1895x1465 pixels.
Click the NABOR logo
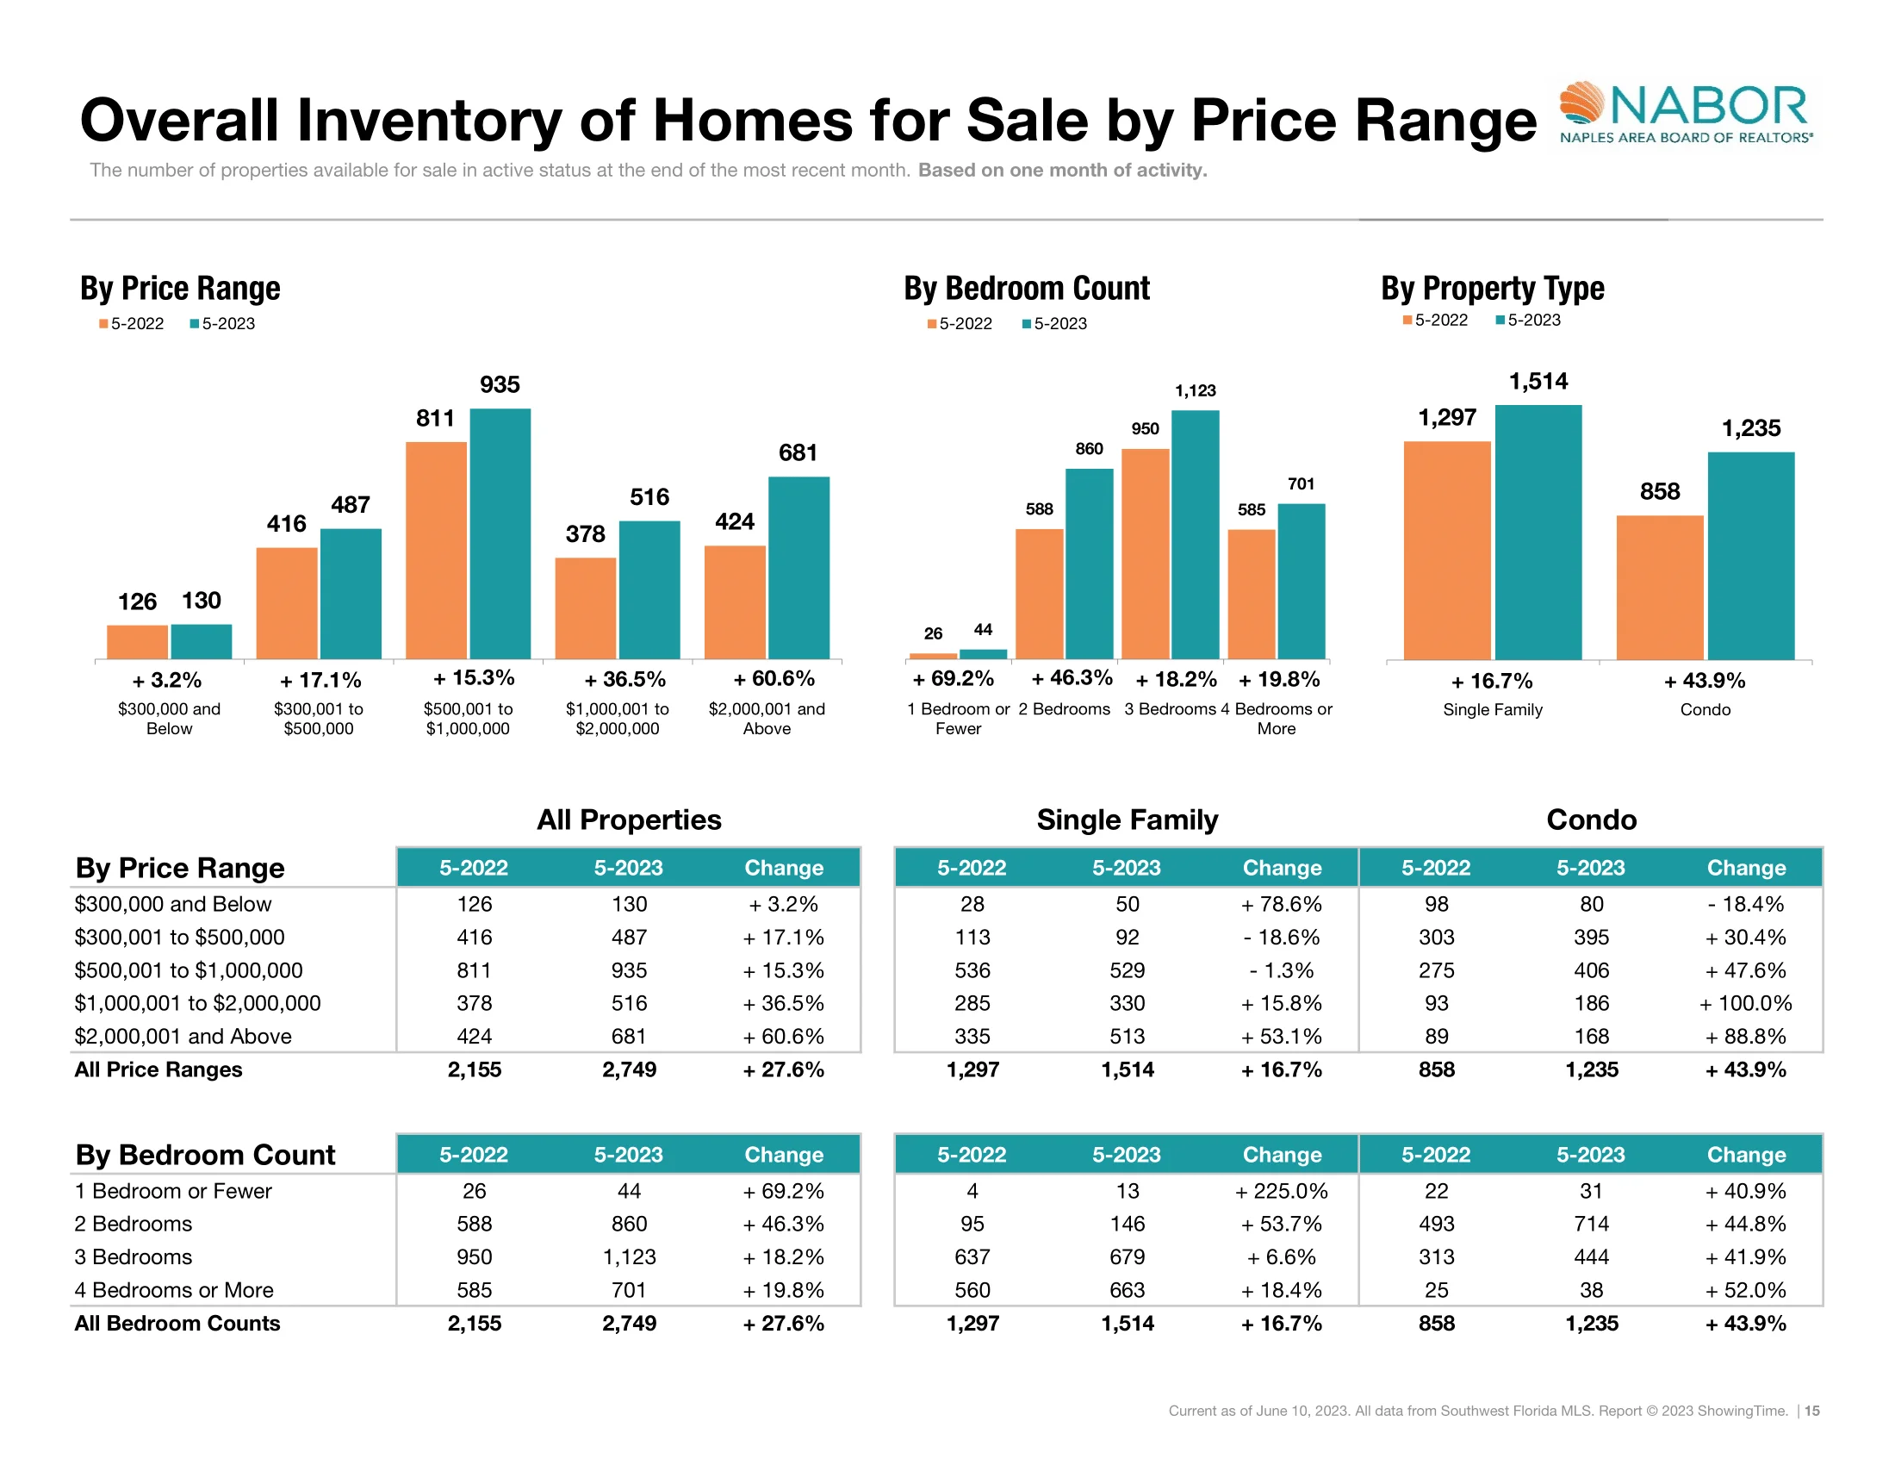(1684, 114)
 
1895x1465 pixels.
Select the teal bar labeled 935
(500, 533)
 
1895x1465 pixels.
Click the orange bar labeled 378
(585, 608)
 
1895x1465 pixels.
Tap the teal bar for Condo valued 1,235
(1750, 556)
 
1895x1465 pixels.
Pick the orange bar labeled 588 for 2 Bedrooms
(1039, 594)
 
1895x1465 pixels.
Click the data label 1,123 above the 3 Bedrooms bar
(1195, 390)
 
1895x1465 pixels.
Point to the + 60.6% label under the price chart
(774, 679)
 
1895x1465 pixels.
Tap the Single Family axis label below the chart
(1493, 710)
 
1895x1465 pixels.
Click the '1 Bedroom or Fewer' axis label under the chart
(958, 719)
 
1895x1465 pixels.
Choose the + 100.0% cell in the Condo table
(1746, 1003)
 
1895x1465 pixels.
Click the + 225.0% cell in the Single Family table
(1282, 1191)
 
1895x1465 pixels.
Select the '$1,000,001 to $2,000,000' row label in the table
(198, 1003)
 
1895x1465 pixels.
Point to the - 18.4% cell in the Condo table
(1746, 904)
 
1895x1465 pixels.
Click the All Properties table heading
(628, 820)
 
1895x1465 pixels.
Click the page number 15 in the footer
(1811, 1411)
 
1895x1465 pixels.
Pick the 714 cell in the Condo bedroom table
(1591, 1224)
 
